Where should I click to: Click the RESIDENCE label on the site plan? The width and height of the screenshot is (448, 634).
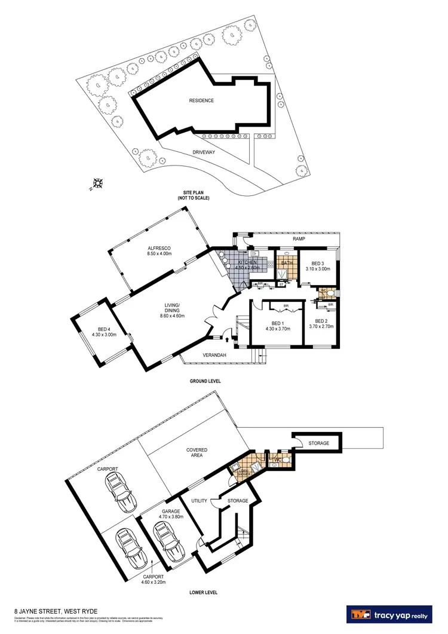click(201, 100)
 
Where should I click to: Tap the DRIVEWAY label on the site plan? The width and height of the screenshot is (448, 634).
click(204, 152)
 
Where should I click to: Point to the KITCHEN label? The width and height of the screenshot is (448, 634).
click(247, 262)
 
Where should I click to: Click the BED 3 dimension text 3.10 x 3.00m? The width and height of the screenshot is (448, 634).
click(317, 269)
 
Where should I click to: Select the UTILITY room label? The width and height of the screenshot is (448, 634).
click(198, 500)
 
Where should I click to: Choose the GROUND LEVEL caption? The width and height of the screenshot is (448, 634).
click(201, 381)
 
